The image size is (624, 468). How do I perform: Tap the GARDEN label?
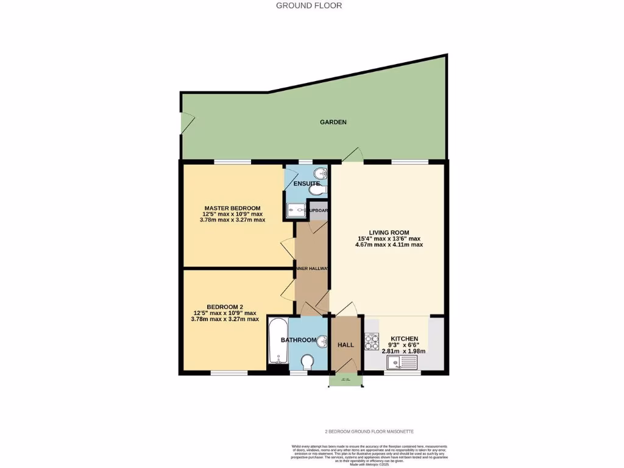333,122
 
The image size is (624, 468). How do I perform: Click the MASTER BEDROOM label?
232,208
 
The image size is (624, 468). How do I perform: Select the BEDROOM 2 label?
224,307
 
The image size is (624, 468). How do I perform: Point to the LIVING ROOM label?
389,232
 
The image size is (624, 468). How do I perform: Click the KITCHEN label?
404,339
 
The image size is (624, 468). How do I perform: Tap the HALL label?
346,345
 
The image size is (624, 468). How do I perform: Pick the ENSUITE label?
307,183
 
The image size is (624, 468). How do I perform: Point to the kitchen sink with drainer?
402,363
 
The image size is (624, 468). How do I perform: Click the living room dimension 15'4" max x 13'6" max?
389,238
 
